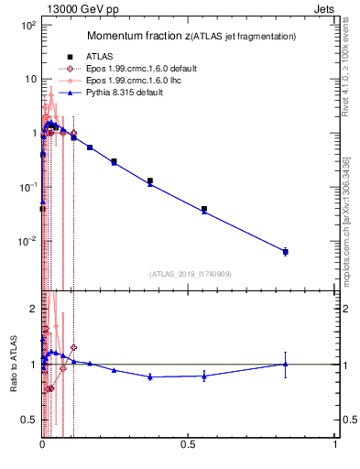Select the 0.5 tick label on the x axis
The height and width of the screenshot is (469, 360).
(x=189, y=444)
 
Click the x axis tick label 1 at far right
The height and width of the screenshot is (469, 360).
(x=335, y=444)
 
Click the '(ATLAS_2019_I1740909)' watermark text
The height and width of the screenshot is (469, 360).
(x=189, y=273)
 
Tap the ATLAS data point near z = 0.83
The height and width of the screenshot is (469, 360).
(x=286, y=251)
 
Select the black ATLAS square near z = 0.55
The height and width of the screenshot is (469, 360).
(x=204, y=209)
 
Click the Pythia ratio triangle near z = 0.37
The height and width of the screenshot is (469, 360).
(x=150, y=376)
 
